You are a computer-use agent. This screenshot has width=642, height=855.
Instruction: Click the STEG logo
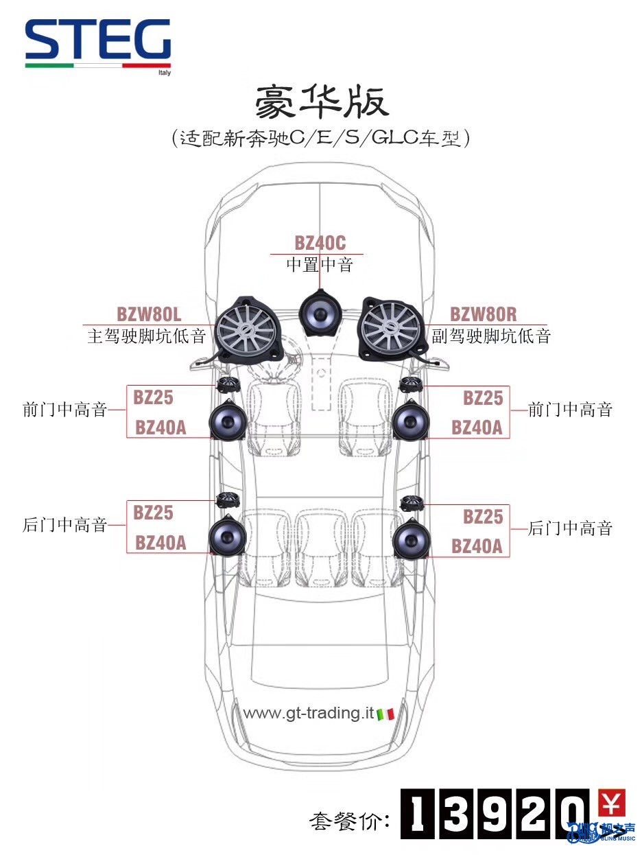97,44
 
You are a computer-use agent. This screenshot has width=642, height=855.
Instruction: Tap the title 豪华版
322,102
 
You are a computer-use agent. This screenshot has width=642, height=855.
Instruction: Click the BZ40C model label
320,243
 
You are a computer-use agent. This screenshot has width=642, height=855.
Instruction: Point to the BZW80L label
149,314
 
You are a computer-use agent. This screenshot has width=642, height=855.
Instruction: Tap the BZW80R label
483,314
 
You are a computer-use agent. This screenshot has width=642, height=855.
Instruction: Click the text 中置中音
320,265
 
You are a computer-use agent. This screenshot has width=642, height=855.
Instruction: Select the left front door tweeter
228,385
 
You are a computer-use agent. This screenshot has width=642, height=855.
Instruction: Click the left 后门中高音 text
64,525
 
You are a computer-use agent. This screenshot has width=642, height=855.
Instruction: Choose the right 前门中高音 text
570,410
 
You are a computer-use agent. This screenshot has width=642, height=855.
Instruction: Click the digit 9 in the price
495,814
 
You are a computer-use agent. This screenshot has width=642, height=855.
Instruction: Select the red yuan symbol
612,803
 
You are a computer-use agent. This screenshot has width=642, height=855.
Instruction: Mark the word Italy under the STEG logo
165,73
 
